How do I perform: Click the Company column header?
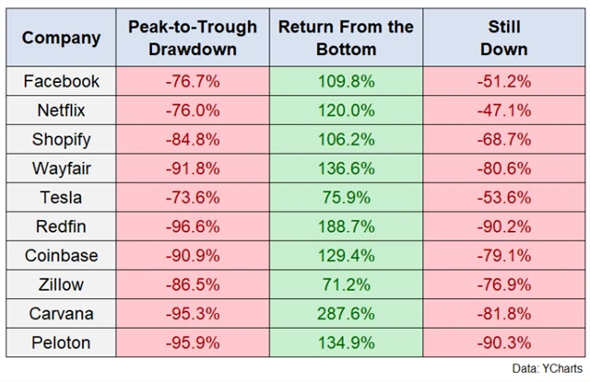click(62, 38)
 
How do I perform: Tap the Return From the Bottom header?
click(346, 38)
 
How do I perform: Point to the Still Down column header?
click(503, 38)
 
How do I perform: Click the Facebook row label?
click(62, 81)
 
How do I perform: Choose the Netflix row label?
click(62, 110)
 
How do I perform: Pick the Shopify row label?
click(62, 139)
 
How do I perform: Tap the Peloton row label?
click(62, 343)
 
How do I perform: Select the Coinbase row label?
click(62, 256)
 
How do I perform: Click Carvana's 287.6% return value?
click(346, 315)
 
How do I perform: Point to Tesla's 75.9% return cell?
click(346, 198)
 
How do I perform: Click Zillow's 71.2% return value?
click(346, 285)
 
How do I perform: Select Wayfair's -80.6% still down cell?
click(503, 168)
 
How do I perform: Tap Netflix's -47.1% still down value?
click(503, 110)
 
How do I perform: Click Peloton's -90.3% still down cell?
click(503, 343)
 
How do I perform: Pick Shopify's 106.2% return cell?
click(346, 139)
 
